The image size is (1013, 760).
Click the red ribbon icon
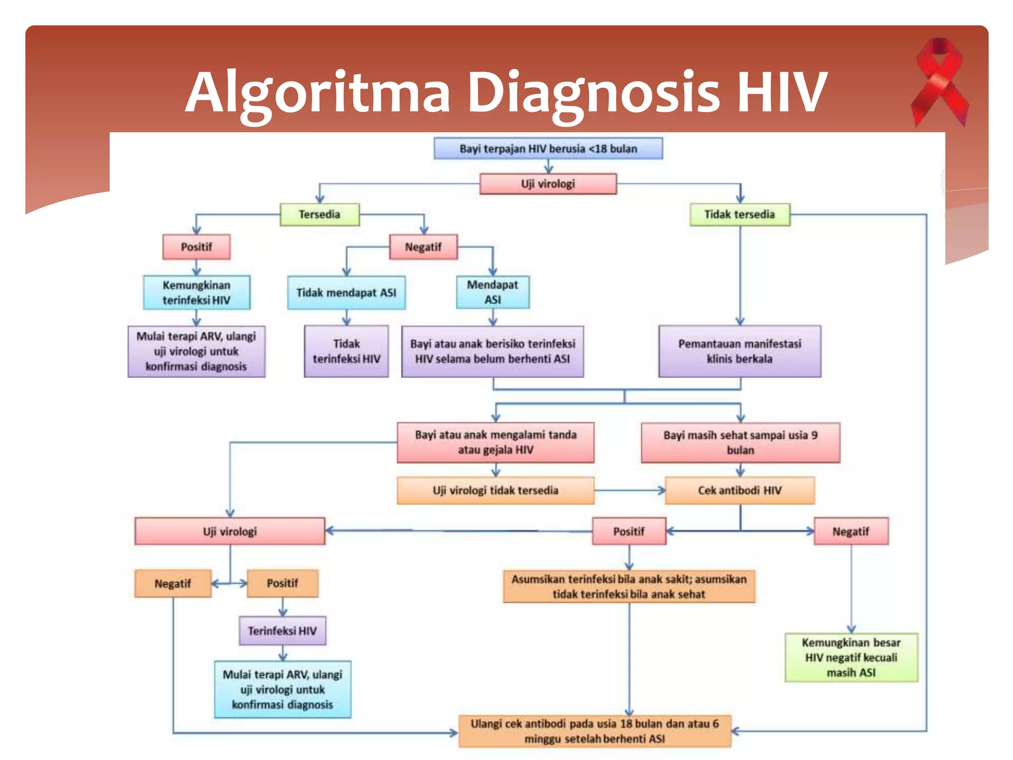[x=939, y=82]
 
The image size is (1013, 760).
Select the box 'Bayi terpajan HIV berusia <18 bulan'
[x=548, y=148]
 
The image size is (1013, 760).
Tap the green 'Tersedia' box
[x=320, y=214]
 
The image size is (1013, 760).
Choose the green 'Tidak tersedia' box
[x=739, y=214]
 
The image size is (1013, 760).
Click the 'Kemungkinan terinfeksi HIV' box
[x=196, y=292]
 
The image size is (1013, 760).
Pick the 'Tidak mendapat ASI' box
[x=346, y=292]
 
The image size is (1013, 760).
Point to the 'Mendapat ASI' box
[x=493, y=292]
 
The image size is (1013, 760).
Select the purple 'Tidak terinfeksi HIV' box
[x=346, y=351]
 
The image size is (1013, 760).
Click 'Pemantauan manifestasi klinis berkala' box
[x=739, y=351]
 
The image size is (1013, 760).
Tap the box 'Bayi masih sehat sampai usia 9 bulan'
[x=740, y=442]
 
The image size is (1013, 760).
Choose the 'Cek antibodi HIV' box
[x=739, y=490]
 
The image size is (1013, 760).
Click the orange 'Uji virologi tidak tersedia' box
[x=495, y=490]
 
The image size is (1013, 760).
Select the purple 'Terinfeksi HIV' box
[x=282, y=631]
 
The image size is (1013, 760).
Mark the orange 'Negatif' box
[x=173, y=583]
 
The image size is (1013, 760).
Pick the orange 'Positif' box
[x=282, y=583]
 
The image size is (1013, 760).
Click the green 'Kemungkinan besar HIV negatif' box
[x=851, y=657]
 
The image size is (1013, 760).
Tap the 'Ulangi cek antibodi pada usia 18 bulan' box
[x=595, y=731]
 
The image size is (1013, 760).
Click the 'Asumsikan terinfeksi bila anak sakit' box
[x=629, y=586]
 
